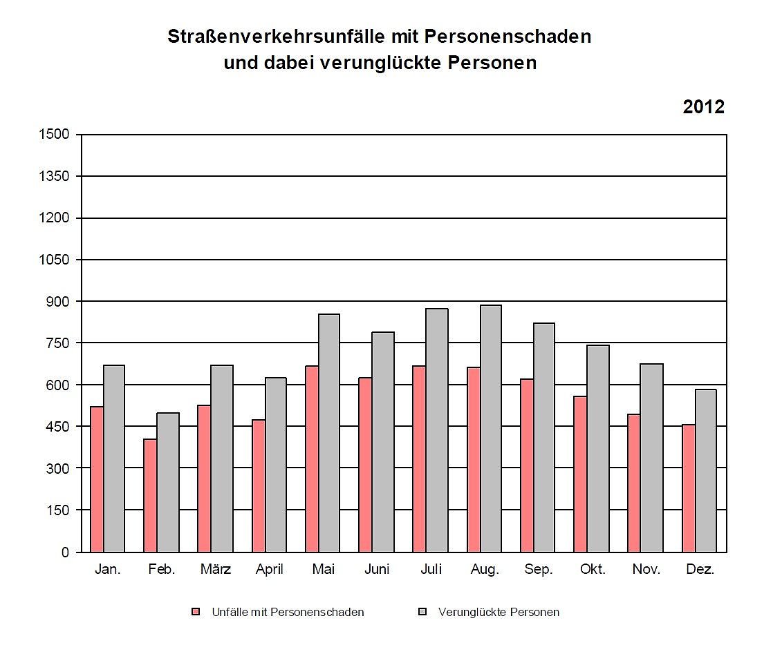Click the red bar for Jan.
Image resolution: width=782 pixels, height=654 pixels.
tap(97, 479)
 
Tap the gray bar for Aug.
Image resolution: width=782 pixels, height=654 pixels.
tap(491, 428)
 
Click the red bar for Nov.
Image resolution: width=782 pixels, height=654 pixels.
tap(634, 483)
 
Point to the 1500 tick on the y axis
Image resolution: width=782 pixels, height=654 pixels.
tap(56, 134)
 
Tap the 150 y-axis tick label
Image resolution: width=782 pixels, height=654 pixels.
tap(59, 510)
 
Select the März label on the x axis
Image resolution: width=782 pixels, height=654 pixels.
tap(215, 570)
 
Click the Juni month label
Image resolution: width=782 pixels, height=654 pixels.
tap(377, 570)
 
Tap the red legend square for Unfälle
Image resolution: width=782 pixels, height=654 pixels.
tap(196, 612)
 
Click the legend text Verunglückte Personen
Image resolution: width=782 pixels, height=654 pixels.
tap(499, 612)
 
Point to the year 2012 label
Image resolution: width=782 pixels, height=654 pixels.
tap(703, 107)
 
